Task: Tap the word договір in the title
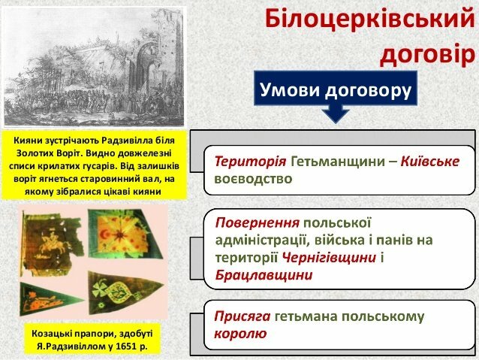point(426,54)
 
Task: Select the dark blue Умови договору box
point(336,89)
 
